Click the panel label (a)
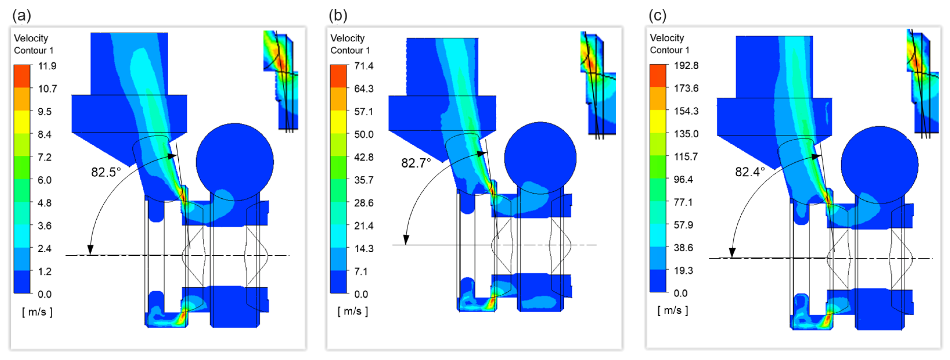[22, 15]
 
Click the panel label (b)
[338, 15]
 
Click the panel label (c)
[658, 15]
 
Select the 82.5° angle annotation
[106, 172]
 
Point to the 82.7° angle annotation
[416, 163]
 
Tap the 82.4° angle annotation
[750, 172]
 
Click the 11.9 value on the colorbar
[47, 66]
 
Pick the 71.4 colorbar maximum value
[364, 66]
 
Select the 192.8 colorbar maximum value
[686, 66]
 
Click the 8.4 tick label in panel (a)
[45, 134]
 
